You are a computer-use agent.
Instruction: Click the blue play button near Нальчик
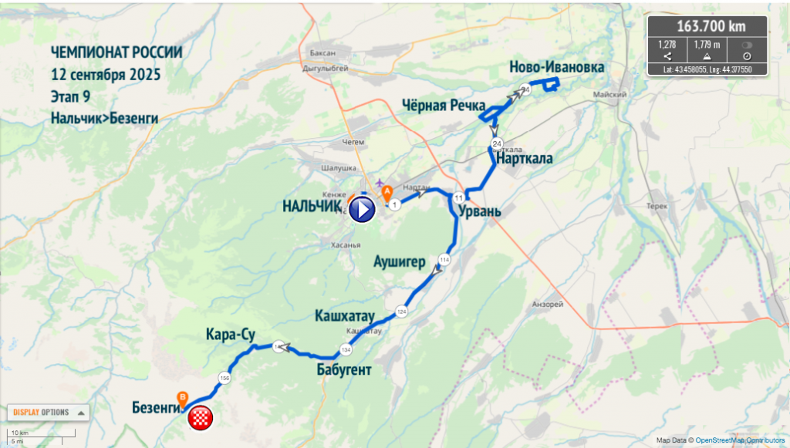(x=362, y=209)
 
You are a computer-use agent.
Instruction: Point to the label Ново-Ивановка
(x=556, y=68)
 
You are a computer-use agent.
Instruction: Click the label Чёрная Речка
(x=443, y=106)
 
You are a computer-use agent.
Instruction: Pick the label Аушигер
(x=399, y=261)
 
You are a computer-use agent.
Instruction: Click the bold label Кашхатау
(x=344, y=316)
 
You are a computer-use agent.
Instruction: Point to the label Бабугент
(x=344, y=370)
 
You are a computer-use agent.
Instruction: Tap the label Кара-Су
(x=231, y=335)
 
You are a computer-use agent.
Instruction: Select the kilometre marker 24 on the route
(x=497, y=144)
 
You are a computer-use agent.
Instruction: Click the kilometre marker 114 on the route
(x=444, y=259)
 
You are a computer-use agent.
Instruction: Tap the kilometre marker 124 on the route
(x=401, y=312)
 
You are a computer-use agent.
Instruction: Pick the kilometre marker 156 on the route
(x=225, y=378)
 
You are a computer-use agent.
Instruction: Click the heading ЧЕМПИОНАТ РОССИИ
(x=116, y=52)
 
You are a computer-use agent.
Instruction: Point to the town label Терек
(x=657, y=207)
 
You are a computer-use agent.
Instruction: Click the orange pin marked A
(x=385, y=189)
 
